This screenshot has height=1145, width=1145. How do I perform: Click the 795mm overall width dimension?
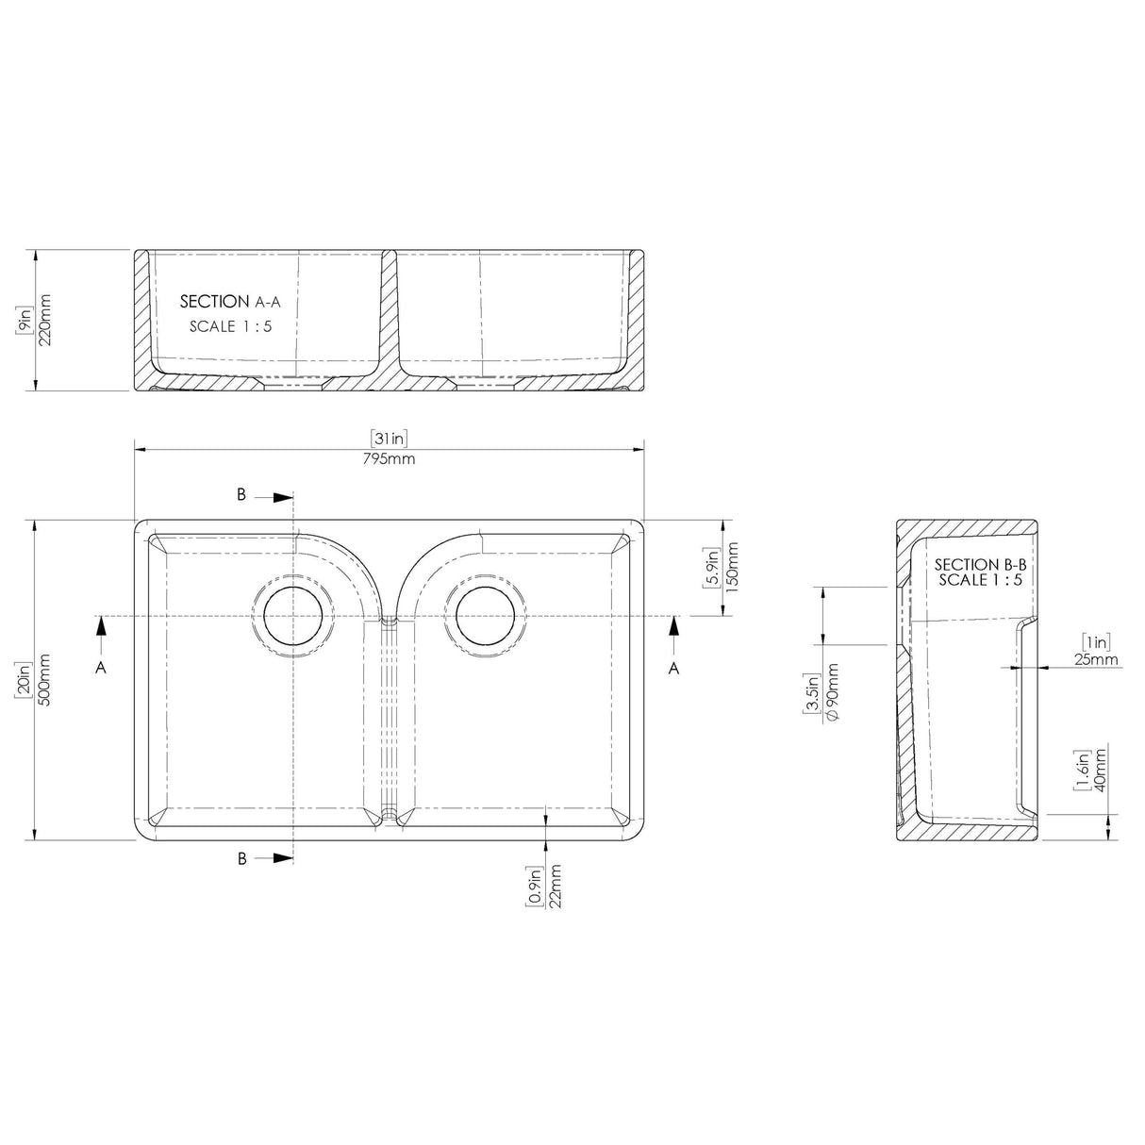(389, 460)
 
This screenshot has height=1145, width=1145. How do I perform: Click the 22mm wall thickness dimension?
(556, 887)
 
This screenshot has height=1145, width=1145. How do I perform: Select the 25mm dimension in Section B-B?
(1095, 659)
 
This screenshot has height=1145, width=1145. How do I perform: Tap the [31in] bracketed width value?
(389, 438)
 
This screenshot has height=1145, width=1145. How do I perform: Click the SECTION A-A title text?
(230, 302)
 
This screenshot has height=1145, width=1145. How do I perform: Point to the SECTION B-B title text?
(979, 564)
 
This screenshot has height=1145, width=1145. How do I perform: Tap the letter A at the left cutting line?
(101, 667)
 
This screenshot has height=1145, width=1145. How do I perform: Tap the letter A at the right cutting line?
(673, 667)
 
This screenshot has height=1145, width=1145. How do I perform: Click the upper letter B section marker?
(241, 494)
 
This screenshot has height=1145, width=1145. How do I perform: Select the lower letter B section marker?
(241, 858)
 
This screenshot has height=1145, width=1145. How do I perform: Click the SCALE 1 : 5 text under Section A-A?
(230, 327)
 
